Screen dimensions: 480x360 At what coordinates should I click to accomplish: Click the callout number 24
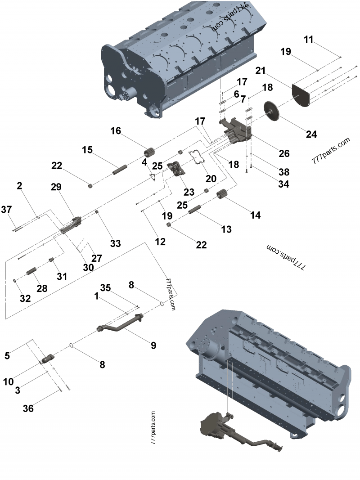pyautogui.click(x=311, y=134)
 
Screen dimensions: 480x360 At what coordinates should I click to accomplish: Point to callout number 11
pyautogui.click(x=308, y=40)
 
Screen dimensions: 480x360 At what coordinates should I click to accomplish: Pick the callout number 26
pyautogui.click(x=284, y=153)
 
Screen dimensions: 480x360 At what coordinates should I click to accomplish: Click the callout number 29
pyautogui.click(x=56, y=186)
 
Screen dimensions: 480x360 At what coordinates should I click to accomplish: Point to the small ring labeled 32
pyautogui.click(x=16, y=281)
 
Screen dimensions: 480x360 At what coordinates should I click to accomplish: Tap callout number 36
pyautogui.click(x=28, y=408)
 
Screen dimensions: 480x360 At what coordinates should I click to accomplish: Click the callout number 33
pyautogui.click(x=116, y=243)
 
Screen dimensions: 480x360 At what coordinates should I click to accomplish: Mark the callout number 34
pyautogui.click(x=283, y=184)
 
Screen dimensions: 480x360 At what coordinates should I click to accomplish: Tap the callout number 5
pyautogui.click(x=7, y=355)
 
